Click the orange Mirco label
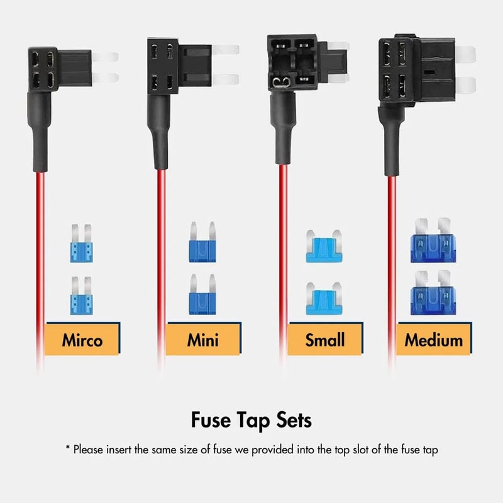click(82, 340)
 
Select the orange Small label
click(324, 340)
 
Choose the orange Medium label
click(434, 340)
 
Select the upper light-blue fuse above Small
click(324, 246)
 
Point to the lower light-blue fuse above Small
click(324, 297)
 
